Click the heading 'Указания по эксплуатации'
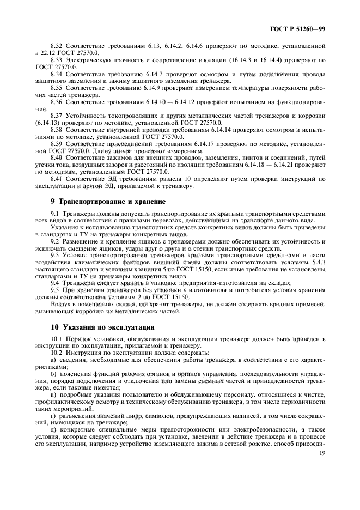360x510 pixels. (x=98, y=327)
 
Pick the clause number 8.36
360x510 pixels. (x=57, y=102)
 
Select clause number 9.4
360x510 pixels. (x=54, y=283)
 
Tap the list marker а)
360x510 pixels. (x=53, y=361)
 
